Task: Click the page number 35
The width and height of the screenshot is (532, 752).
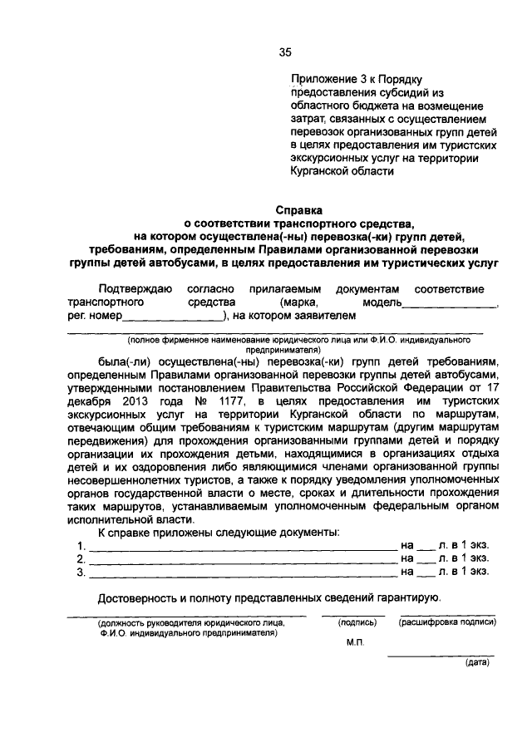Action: tap(285, 52)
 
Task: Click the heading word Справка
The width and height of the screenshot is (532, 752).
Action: tap(298, 210)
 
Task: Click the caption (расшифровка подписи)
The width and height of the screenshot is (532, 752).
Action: tap(448, 622)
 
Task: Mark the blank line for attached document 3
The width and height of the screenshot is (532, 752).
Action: tap(243, 574)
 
